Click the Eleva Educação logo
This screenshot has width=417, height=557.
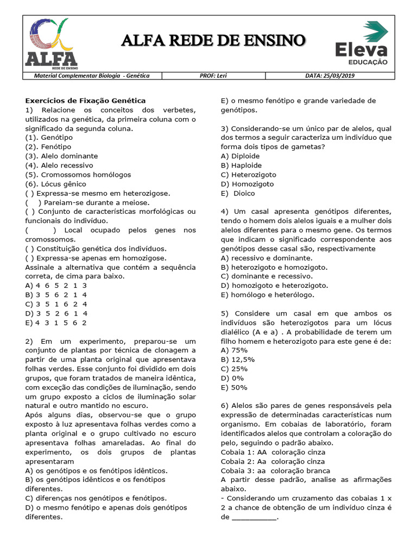pos(361,44)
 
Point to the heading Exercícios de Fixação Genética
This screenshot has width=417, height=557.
pos(85,101)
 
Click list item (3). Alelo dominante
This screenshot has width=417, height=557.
pos(59,156)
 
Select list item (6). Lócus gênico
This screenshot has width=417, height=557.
pos(56,184)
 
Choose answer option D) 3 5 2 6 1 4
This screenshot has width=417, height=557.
pos(56,313)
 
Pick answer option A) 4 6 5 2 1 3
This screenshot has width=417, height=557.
pos(56,286)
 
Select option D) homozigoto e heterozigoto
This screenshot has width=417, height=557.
pos(274,286)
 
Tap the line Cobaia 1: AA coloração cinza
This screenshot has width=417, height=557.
pos(273,452)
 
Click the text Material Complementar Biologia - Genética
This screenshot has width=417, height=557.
pos(92,76)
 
